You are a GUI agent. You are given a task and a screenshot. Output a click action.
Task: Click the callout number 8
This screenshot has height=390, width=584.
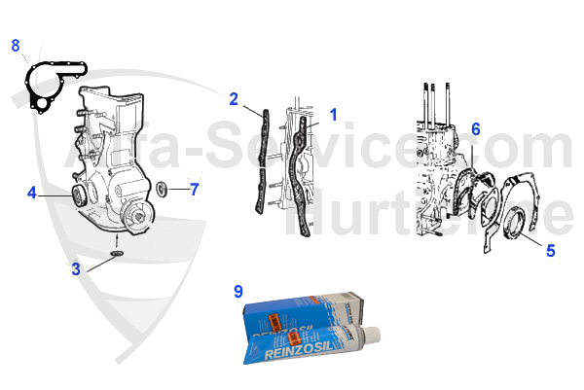(x=15, y=45)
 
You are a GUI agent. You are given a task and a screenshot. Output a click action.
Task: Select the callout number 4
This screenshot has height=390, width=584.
(x=32, y=193)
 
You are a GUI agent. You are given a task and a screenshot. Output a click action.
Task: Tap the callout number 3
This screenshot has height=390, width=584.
(x=76, y=269)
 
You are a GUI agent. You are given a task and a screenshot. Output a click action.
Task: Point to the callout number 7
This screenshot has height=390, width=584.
(x=194, y=189)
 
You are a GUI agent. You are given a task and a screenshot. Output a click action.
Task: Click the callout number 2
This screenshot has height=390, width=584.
(x=234, y=98)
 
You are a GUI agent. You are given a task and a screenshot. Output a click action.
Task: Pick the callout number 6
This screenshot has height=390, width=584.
(x=476, y=128)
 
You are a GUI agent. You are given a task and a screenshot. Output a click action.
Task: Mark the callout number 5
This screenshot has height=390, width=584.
(x=550, y=250)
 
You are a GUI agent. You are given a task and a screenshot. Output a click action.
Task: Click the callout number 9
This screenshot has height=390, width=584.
(x=238, y=291)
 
